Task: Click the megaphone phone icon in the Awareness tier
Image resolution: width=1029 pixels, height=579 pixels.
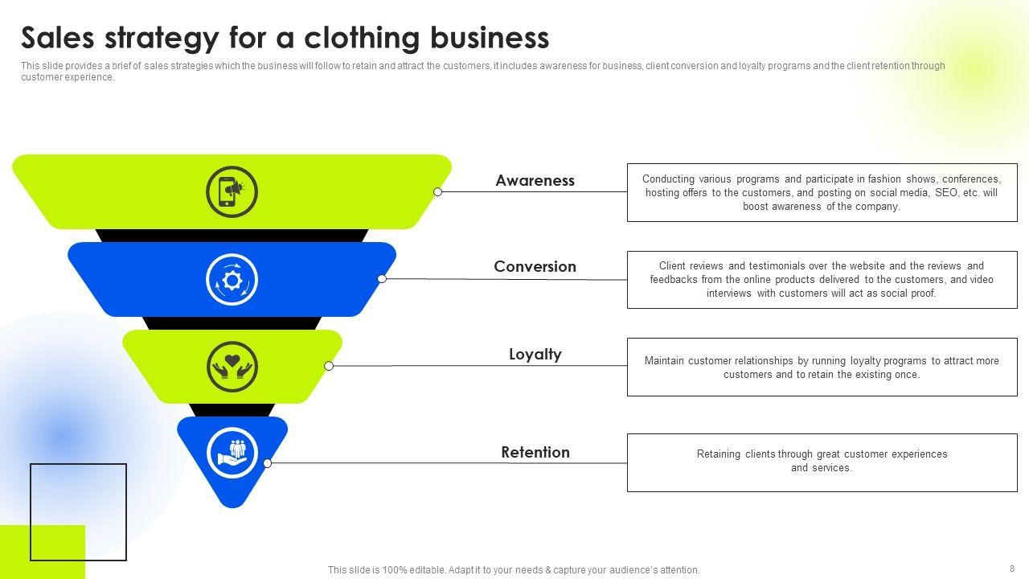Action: tap(232, 191)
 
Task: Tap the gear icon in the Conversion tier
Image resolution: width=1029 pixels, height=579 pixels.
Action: tap(232, 279)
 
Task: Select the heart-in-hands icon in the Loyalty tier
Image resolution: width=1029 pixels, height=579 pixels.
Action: tap(232, 366)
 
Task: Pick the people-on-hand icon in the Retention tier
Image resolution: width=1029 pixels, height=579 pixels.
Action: tap(232, 453)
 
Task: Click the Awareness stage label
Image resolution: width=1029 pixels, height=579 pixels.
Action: tap(535, 181)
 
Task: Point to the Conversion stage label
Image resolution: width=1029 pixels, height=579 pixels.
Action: tap(535, 267)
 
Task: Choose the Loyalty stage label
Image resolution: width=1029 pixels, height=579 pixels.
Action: tap(535, 355)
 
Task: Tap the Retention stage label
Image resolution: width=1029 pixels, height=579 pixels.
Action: tap(535, 453)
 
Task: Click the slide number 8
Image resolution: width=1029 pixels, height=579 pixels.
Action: tap(1012, 569)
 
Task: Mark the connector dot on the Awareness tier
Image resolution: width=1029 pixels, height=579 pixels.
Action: tap(438, 192)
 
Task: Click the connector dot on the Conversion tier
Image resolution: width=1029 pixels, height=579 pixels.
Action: tap(382, 279)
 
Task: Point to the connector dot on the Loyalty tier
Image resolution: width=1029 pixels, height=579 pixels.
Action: tap(329, 366)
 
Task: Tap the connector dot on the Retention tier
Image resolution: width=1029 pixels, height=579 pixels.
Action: tap(268, 463)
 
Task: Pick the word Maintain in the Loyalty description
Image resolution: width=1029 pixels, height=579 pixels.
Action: tap(665, 361)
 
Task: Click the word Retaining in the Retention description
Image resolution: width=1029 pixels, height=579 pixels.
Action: tap(719, 454)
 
